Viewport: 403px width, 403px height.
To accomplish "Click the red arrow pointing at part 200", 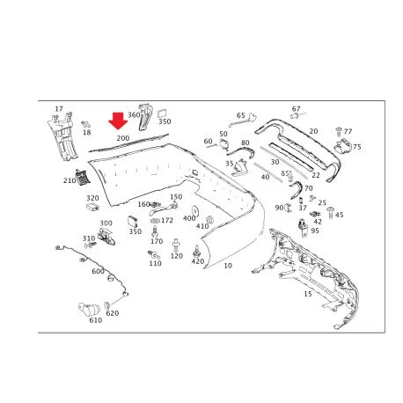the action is [118, 121].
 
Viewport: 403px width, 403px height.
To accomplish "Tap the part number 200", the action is [123, 138].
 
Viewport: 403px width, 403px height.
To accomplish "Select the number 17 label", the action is [59, 109].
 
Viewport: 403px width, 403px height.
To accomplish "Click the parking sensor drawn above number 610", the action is [89, 309].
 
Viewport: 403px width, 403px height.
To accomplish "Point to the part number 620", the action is [113, 313].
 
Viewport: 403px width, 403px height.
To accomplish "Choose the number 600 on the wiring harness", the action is [98, 271].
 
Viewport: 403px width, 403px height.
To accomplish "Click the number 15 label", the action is [308, 294].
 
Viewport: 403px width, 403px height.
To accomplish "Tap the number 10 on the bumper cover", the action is [228, 266].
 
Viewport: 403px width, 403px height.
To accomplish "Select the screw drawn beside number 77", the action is [339, 132].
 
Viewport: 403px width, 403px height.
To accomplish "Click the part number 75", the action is [357, 147].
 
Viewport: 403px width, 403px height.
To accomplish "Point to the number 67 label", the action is [296, 109].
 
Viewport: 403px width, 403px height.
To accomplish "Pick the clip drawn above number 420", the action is [196, 251].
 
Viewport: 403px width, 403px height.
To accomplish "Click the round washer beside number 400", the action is [194, 210].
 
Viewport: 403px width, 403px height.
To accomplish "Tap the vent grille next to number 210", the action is [82, 177].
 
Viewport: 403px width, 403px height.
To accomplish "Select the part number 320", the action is [92, 198].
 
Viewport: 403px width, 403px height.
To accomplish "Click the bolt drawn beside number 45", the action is [331, 212].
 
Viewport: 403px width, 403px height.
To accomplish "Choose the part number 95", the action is [315, 231].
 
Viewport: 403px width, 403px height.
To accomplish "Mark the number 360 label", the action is [134, 114].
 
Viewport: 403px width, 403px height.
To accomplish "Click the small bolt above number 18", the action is [86, 124].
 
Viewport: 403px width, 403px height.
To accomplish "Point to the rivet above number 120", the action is [176, 245].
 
